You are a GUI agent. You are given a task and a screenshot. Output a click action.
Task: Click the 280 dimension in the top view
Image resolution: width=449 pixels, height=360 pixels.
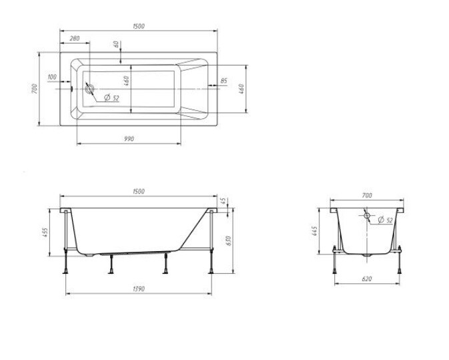point(75,38)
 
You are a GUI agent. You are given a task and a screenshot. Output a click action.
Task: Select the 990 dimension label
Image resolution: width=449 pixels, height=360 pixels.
point(129,139)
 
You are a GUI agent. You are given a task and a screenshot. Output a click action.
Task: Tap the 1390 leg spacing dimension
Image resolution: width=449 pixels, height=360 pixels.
point(139,289)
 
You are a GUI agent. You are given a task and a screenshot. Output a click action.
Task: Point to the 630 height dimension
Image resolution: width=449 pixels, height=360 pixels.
point(228,240)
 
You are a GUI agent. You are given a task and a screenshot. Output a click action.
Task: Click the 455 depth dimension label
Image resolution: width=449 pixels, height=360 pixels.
point(45,232)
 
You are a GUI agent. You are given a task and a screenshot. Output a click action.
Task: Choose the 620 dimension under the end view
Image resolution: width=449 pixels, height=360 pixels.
point(367,279)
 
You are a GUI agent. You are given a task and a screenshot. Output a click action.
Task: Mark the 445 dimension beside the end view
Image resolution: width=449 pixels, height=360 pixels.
point(314,231)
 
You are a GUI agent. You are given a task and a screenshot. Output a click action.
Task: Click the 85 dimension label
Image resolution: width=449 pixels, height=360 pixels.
point(224,81)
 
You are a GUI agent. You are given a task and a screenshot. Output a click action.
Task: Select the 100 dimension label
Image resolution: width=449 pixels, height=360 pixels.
point(52,77)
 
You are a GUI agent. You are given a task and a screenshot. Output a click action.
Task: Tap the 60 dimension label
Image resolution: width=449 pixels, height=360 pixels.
point(116,45)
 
